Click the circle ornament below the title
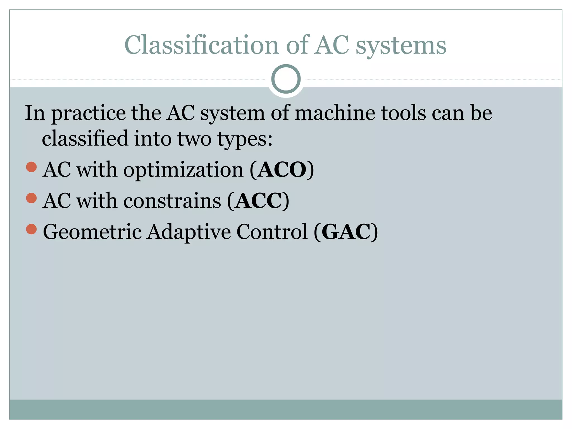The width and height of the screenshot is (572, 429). pyautogui.click(x=286, y=79)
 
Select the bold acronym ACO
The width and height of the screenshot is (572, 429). pyautogui.click(x=282, y=170)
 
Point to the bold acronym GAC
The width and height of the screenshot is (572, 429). pyautogui.click(x=346, y=232)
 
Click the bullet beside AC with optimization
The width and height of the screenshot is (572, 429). pyautogui.click(x=31, y=167)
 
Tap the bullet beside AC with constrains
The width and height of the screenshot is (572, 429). pyautogui.click(x=31, y=198)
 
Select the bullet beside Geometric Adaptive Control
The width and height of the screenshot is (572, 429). pyautogui.click(x=31, y=229)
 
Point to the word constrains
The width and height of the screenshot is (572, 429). pyautogui.click(x=172, y=201)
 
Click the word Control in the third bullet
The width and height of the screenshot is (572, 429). pyautogui.click(x=272, y=232)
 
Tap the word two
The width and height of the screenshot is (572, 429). pyautogui.click(x=194, y=139)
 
